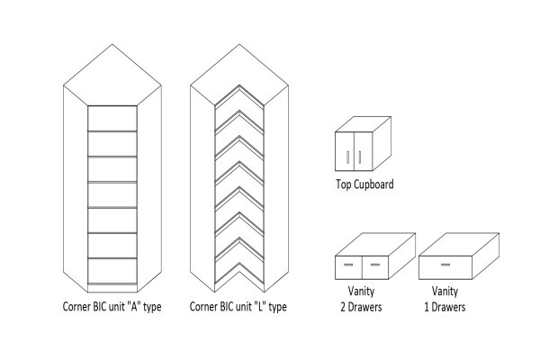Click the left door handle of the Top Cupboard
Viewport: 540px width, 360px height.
[347, 157]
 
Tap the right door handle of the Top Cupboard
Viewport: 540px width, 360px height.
[359, 157]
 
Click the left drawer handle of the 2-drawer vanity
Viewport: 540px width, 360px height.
[348, 265]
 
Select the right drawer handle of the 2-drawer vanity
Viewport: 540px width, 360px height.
[375, 265]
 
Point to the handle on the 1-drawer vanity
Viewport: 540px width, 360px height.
[445, 265]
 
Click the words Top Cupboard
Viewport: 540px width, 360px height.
[364, 184]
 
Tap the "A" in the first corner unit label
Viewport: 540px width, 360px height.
[132, 306]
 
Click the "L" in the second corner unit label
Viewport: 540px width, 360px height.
[258, 306]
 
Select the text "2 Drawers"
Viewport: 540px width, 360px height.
[361, 307]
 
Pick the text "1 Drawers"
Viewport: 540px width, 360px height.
[445, 307]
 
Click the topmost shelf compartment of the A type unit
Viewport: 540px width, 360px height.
[112, 118]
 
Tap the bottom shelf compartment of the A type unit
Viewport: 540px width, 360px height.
[112, 271]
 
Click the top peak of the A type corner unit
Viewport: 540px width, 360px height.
[112, 44]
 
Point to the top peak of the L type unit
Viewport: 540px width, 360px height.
[239, 44]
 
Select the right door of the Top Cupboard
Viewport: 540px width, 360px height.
[363, 151]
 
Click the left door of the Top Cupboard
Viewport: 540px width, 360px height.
[345, 151]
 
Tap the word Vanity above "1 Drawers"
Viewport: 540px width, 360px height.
[445, 291]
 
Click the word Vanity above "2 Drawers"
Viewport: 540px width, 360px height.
[361, 291]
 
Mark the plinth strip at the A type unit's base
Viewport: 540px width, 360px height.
[112, 288]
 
